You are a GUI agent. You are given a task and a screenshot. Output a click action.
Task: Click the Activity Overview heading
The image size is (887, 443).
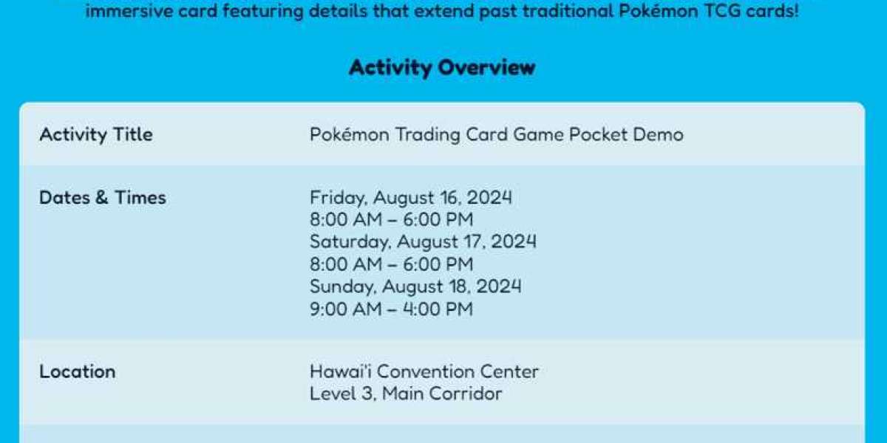click(442, 68)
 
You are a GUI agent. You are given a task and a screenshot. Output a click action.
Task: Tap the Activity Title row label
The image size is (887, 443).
click(96, 134)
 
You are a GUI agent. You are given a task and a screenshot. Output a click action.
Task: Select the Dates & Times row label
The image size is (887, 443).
click(103, 198)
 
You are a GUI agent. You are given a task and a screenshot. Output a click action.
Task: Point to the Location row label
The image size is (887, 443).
click(77, 371)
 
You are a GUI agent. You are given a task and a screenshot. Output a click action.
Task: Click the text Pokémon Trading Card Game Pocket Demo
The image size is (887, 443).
click(496, 134)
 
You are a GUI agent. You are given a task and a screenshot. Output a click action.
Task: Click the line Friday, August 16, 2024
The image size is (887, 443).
click(411, 198)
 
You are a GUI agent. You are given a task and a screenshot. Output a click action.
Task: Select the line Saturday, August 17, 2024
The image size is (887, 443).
click(423, 241)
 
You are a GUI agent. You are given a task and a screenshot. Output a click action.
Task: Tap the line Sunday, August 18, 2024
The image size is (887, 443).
click(415, 286)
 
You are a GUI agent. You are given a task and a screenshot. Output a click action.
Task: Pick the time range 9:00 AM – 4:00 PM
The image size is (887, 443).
click(391, 309)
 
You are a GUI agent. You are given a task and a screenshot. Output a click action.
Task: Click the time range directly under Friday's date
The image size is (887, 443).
click(391, 220)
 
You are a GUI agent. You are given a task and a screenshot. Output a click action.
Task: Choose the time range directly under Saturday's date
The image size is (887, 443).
click(391, 264)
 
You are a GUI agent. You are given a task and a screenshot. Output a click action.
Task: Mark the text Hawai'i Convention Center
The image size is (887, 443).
click(424, 371)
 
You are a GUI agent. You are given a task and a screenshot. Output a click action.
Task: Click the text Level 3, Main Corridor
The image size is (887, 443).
click(406, 394)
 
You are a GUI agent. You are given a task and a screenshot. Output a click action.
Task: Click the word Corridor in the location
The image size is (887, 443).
click(466, 394)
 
